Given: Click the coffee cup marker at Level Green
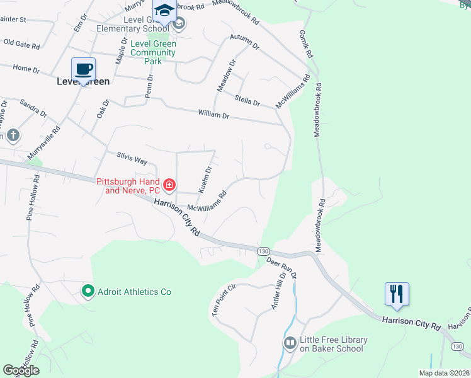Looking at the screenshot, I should click(x=83, y=69).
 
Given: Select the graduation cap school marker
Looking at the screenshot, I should click(x=164, y=12).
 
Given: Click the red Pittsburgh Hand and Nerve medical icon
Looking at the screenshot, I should click(x=169, y=185).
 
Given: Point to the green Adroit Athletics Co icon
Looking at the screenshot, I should click(x=88, y=291).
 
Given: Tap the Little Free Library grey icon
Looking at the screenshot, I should click(x=290, y=343).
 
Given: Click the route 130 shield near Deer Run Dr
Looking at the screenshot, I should click(x=263, y=251).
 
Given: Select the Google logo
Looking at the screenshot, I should click(x=21, y=370).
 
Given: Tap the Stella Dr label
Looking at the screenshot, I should click(x=247, y=100).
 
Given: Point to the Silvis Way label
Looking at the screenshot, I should click(x=132, y=158).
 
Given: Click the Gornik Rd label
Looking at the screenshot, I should click(x=306, y=44).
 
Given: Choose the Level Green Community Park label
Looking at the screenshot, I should click(x=153, y=52).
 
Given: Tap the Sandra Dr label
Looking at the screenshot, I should click(x=33, y=108).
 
